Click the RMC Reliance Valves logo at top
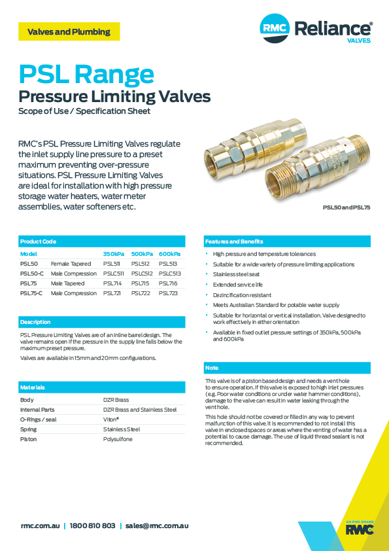coord(316,29)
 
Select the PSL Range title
coord(86,74)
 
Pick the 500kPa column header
coord(142,254)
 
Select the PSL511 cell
coord(112,264)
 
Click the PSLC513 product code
coord(169,274)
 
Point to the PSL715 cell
coord(141,283)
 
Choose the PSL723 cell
coord(168,293)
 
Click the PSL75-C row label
coord(32,293)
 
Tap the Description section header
coord(35,322)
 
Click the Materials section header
coord(32,387)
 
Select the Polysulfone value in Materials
coord(118,439)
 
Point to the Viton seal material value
coord(111,419)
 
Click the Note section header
coord(212,368)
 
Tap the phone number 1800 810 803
coord(92,525)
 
